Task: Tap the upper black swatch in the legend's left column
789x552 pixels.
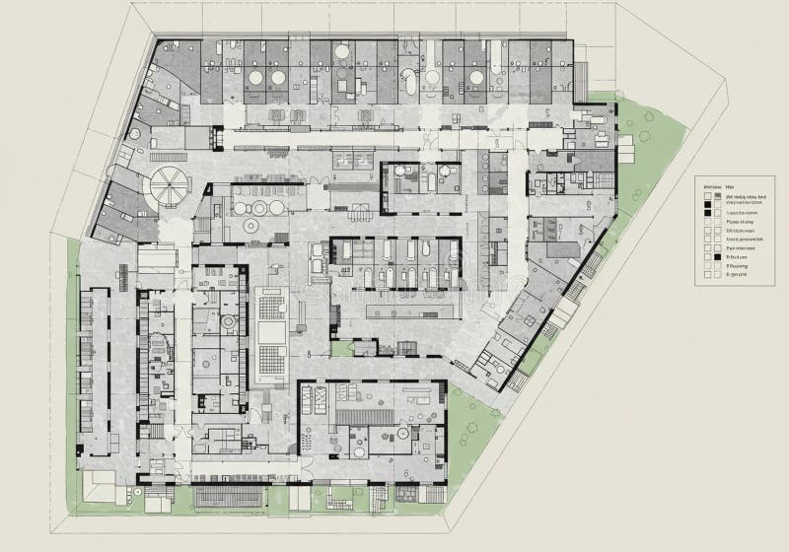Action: coord(707,197)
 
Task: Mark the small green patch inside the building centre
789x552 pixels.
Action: coord(342,348)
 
